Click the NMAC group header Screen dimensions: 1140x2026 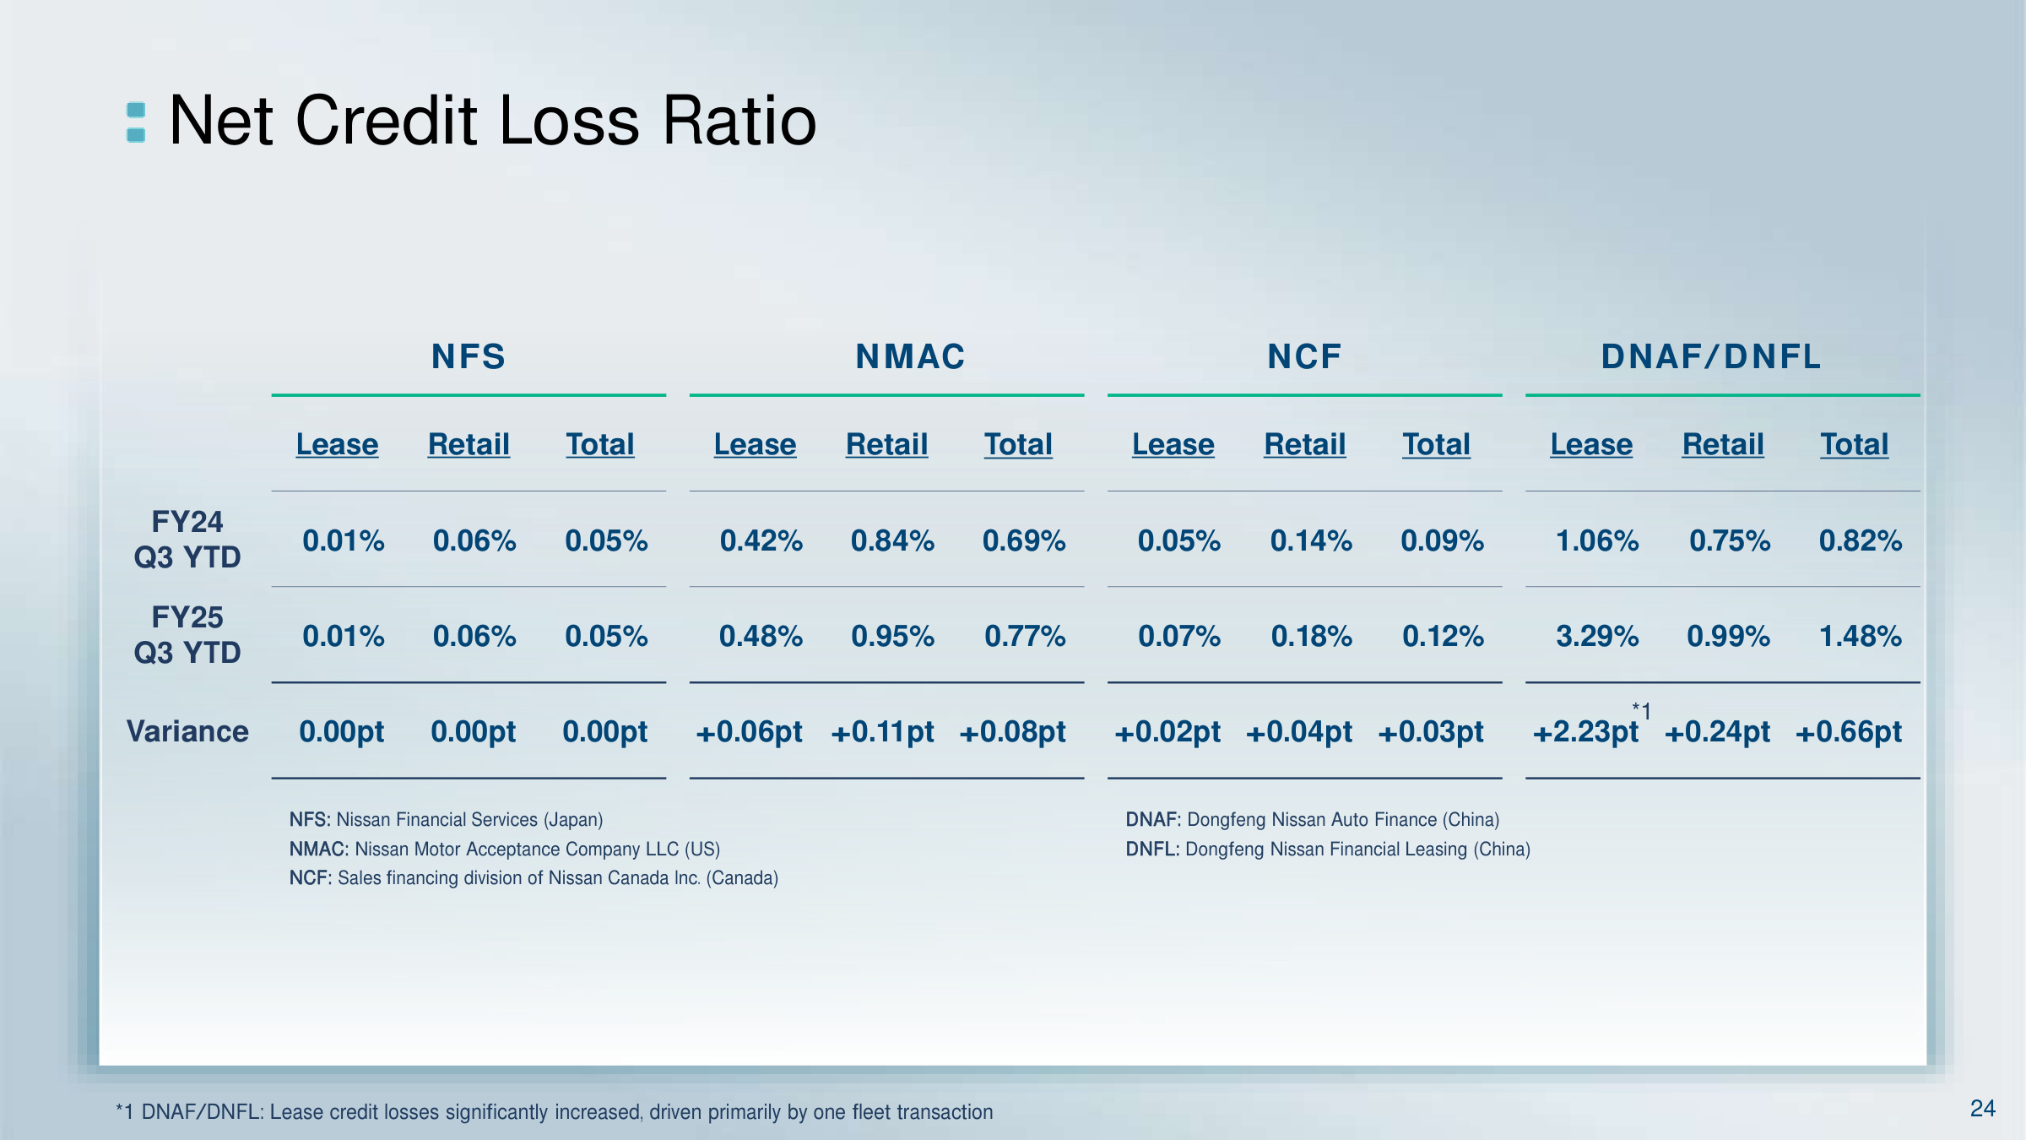point(910,356)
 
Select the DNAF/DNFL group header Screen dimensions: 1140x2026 point(1711,356)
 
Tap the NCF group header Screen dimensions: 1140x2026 point(1304,356)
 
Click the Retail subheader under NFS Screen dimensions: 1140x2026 point(469,444)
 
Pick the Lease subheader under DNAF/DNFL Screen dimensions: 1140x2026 point(1591,444)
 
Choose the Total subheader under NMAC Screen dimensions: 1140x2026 point(1018,444)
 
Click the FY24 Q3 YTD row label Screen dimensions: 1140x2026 point(187,540)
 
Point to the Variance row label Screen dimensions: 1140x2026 point(187,731)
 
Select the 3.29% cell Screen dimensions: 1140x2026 point(1597,636)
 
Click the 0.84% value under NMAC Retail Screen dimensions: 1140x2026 point(892,540)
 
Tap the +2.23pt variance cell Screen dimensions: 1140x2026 point(1585,731)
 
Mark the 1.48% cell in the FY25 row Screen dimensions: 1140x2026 point(1861,636)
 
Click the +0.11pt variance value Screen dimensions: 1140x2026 point(882,731)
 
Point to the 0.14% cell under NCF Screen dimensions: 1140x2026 point(1311,540)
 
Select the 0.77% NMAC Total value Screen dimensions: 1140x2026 point(1025,636)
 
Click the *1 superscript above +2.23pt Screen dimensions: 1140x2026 point(1641,711)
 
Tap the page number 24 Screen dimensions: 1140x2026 point(1982,1108)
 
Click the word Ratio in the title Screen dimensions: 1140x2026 point(739,120)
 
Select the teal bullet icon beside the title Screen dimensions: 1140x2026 point(136,122)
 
